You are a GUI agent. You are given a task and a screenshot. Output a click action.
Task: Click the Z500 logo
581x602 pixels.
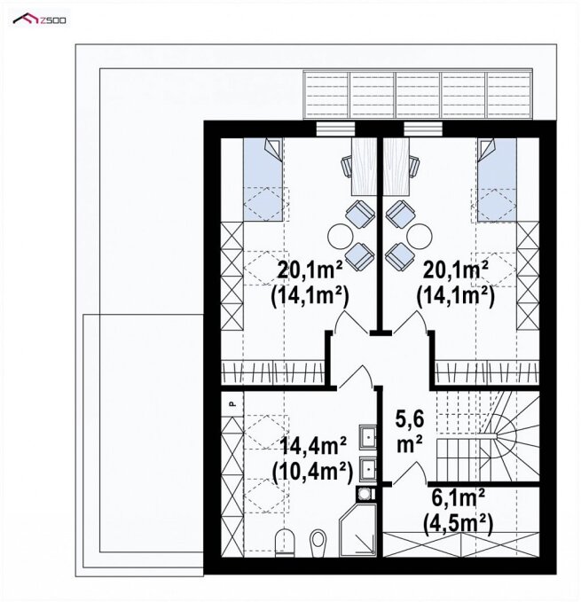39,19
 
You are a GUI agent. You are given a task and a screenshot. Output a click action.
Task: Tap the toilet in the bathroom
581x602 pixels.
285,542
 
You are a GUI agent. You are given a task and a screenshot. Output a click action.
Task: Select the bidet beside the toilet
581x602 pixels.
318,541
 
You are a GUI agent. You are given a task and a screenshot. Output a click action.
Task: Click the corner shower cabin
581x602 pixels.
357,530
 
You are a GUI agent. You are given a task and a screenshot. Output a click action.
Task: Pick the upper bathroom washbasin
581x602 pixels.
368,437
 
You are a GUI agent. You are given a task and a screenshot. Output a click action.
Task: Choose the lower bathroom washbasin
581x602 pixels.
368,469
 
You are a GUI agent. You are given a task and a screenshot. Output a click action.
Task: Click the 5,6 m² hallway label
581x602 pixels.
409,432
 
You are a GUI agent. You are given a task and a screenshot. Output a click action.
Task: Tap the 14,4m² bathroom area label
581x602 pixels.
313,446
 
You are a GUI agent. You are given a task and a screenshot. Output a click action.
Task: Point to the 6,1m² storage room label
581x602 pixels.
458,499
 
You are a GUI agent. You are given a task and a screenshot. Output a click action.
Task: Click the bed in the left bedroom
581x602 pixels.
263,179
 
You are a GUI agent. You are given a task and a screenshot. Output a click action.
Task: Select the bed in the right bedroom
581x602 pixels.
497,179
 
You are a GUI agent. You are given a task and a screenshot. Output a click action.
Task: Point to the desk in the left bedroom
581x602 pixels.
364,167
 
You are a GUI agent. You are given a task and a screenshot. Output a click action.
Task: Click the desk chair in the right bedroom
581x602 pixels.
415,167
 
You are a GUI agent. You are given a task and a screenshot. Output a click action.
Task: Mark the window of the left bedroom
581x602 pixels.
335,129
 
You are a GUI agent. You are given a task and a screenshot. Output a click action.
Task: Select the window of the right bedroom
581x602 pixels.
423,129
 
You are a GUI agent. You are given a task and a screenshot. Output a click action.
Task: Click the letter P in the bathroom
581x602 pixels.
232,403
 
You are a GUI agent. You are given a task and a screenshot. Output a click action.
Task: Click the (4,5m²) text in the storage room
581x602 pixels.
458,525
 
